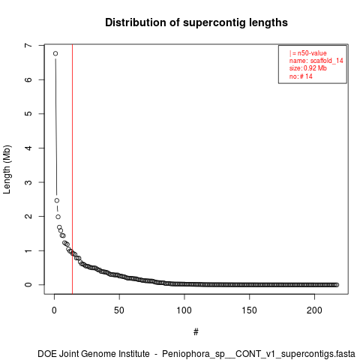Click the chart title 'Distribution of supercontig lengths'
pos(196,22)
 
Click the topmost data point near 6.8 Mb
pos(55,53)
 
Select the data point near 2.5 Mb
pos(57,200)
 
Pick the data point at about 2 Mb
pos(58,217)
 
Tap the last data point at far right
pos(337,285)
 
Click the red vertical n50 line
pos(72,169)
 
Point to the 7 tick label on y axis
pos(28,46)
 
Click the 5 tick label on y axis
pos(28,114)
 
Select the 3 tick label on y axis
pos(28,182)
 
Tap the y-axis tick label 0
pos(28,285)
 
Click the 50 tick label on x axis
pos(119,310)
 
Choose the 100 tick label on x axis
pos(184,310)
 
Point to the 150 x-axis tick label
pos(249,310)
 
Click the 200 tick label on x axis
pos(314,310)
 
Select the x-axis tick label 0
pos(54,310)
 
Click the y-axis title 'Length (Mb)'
pos(7,169)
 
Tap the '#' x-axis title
pos(196,332)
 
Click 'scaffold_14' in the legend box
pos(327,61)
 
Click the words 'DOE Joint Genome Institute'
pos(94,354)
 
